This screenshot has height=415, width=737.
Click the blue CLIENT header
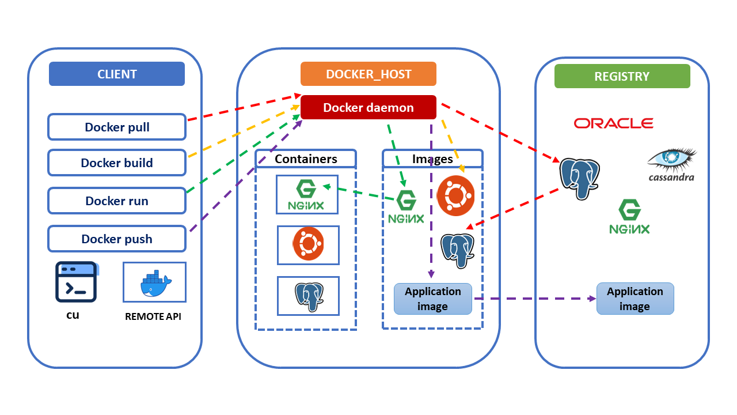coord(117,74)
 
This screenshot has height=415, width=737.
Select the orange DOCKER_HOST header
coord(368,74)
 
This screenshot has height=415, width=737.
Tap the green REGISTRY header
coord(622,76)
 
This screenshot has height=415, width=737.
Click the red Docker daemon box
coord(368,108)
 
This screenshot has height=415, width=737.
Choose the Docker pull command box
coord(117,127)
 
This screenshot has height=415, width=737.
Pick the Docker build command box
coord(117,163)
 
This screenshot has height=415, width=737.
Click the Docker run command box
coord(117,201)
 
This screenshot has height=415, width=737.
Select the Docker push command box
coord(117,239)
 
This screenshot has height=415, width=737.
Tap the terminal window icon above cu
coord(76,282)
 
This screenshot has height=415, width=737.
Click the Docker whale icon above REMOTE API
coord(155,282)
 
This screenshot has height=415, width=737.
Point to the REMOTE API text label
coord(153,316)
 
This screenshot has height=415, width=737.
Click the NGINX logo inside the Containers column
coord(307,195)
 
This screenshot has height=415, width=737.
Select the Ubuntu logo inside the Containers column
coord(308,244)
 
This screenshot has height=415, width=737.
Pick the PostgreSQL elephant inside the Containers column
coord(308,295)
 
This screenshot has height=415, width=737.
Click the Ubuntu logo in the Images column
coord(456,195)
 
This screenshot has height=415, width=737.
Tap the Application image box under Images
coord(433,299)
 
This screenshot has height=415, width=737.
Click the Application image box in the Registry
coord(635,299)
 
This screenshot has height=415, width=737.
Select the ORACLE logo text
coord(613,123)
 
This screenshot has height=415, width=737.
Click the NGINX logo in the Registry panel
coord(629,217)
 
